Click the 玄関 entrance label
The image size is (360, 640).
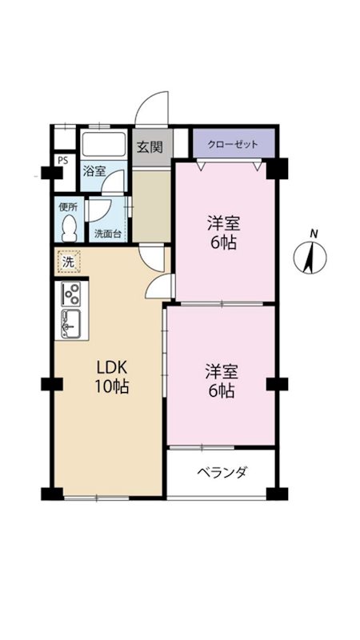tap(150, 146)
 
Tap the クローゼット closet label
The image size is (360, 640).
tap(233, 145)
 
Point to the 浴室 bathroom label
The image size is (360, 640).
tap(94, 172)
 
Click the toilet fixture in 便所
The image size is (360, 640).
tap(70, 228)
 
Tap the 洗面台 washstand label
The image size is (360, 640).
tap(108, 234)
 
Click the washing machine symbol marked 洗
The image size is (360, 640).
tap(69, 262)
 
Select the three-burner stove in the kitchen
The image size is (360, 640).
tap(71, 294)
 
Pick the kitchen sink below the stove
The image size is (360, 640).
tap(71, 324)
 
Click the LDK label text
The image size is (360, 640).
tap(113, 367)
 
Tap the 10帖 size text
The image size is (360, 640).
tap(112, 386)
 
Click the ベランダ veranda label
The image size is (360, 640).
tap(222, 472)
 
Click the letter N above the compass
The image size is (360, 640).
tap(314, 234)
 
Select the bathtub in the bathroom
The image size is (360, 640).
tap(104, 144)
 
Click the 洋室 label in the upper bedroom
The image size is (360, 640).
tap(223, 224)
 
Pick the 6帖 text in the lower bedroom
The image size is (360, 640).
tap(222, 391)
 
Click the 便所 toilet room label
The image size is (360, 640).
tap(68, 206)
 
